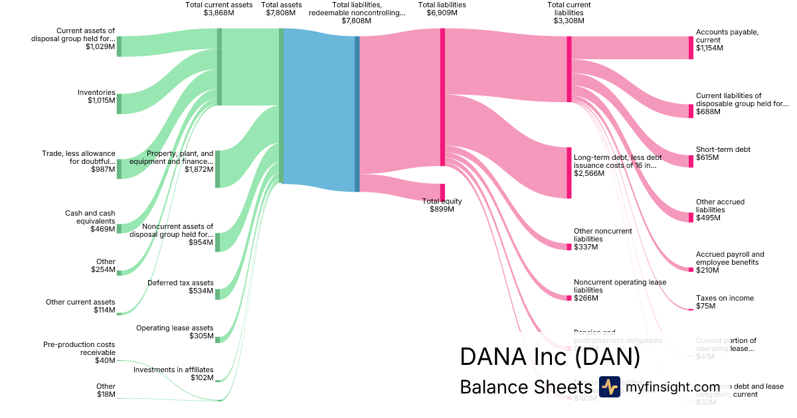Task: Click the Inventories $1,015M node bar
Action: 119,104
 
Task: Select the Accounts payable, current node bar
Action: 691,48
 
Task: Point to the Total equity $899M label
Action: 442,205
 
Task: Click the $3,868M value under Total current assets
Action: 219,13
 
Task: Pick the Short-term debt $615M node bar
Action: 691,161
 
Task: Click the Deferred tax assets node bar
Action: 217,295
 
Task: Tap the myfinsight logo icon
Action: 609,387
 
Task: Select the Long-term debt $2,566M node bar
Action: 569,173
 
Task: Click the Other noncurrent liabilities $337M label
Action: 602,239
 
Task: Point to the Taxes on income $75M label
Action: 725,302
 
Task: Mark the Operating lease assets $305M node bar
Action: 217,338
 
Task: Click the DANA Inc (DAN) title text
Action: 550,357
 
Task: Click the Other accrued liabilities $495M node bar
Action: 691,217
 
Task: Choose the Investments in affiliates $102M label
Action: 173,374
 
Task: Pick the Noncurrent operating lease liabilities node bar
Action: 569,298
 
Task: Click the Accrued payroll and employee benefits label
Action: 730,258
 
